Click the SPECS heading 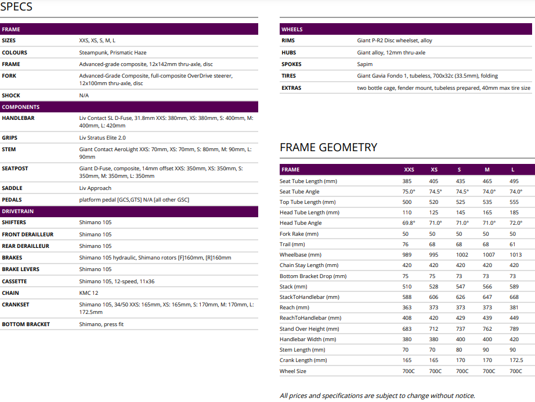(16, 7)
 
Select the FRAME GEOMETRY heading (328, 147)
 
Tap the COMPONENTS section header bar (129, 107)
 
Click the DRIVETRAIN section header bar (129, 211)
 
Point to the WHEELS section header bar (406, 29)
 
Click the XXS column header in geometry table (409, 170)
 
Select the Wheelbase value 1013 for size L (515, 255)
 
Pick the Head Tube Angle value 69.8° (409, 223)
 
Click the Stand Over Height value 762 (487, 329)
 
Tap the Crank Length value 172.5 (515, 361)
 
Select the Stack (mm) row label (293, 287)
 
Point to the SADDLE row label (12, 188)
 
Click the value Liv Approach (95, 188)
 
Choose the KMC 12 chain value (89, 293)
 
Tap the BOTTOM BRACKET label (26, 324)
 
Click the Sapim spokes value (365, 64)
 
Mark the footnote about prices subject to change (377, 396)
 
